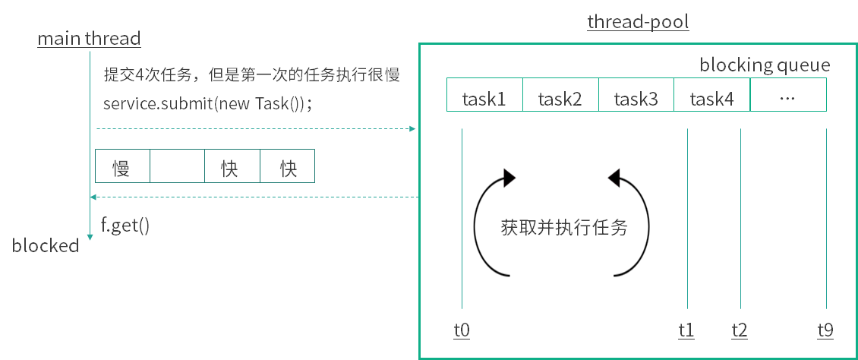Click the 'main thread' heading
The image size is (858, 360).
coord(89,39)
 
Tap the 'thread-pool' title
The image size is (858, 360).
coord(638,21)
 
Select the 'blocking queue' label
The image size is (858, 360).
coord(765,65)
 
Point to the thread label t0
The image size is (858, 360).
coord(462,330)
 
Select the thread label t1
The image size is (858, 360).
coord(686,330)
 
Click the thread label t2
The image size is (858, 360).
coord(740,330)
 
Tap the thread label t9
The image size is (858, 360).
coord(825,330)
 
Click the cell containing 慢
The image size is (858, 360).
coord(122,167)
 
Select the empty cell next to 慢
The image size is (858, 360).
coord(177,167)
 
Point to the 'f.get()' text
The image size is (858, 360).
coord(125,225)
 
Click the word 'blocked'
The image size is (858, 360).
coord(46,246)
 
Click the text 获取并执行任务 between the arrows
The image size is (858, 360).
coord(564,227)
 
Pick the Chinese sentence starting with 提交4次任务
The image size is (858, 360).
coord(251,75)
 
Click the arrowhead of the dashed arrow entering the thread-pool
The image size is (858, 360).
coord(412,129)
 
